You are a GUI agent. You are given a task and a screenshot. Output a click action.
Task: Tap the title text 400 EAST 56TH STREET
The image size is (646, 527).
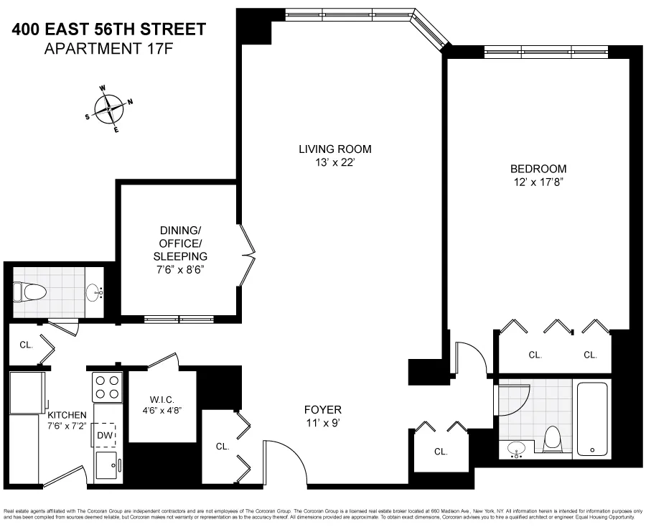coord(108,29)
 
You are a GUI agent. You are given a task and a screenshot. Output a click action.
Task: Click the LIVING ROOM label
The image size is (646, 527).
coord(335,149)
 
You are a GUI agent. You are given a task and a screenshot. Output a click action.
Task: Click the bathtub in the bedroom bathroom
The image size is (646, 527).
coord(592,418)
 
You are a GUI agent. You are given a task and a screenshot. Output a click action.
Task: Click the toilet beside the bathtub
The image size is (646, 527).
coord(553,437)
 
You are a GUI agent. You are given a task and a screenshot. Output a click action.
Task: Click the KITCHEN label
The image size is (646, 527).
coord(67,415)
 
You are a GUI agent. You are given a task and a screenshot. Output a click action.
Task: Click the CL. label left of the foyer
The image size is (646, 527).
coord(223,446)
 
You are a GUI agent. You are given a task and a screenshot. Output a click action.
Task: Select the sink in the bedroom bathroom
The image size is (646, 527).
coord(517,450)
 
